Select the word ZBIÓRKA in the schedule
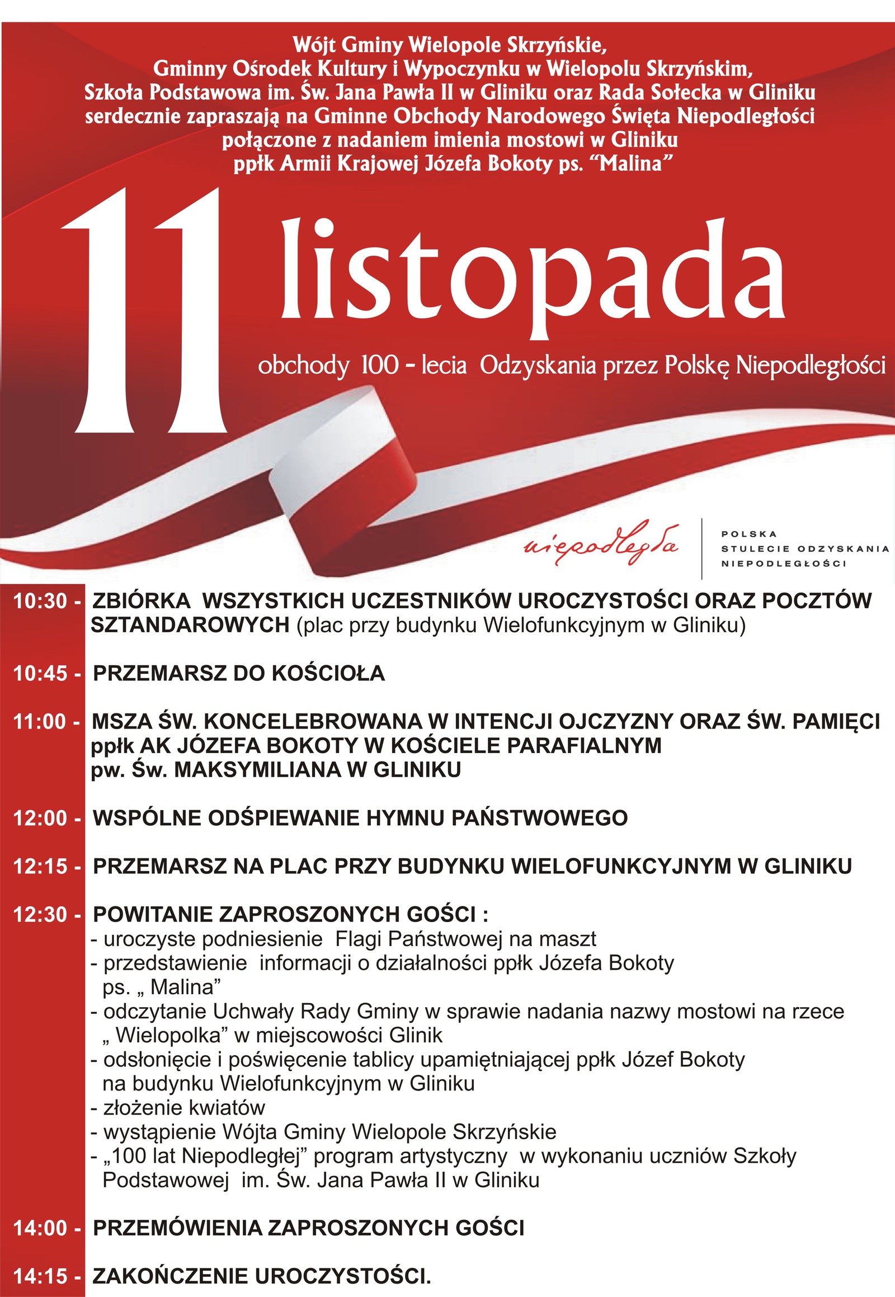click(x=142, y=601)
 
